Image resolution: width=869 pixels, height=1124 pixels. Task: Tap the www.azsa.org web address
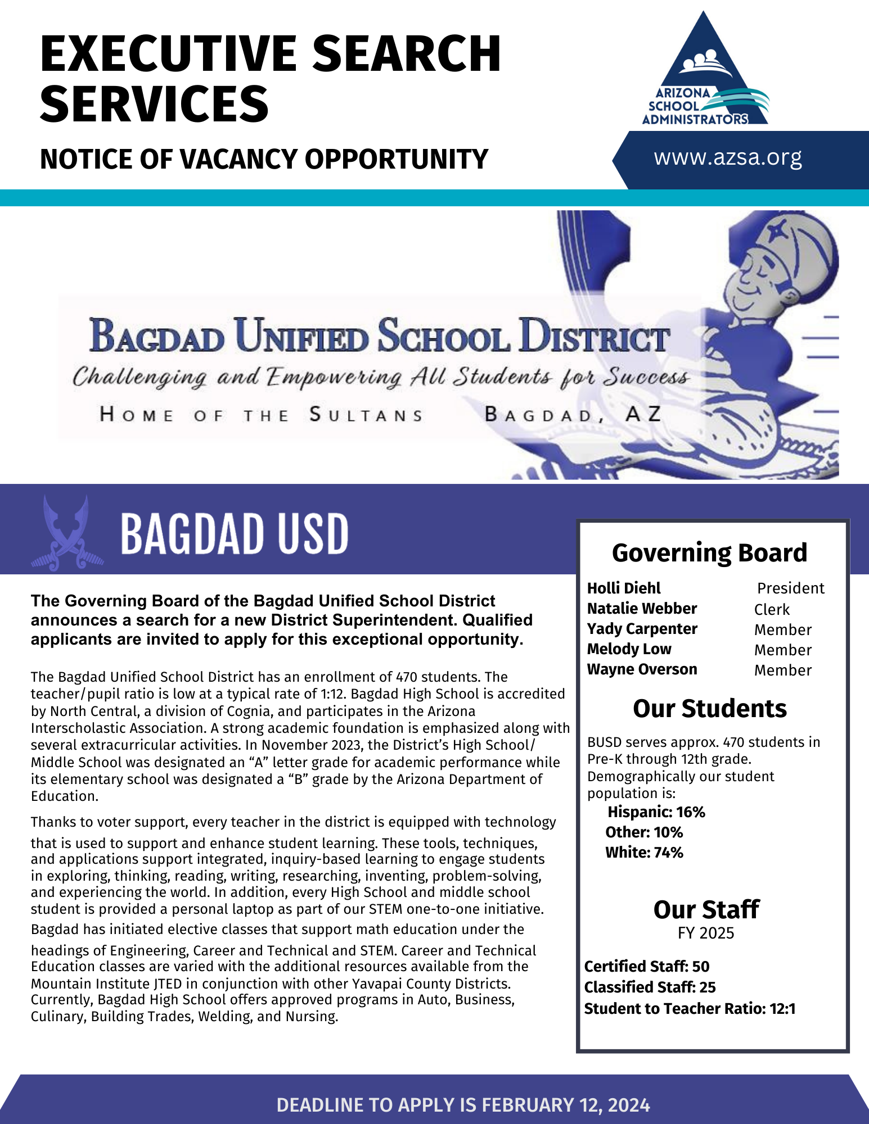[728, 158]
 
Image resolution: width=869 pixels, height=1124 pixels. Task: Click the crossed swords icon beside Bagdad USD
[67, 533]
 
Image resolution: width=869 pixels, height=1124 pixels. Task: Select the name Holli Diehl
[624, 588]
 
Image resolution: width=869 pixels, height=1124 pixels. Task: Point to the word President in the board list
[790, 588]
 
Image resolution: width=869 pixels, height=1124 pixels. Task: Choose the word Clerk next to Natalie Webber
[772, 610]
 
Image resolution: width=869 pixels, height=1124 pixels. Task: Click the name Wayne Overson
[642, 669]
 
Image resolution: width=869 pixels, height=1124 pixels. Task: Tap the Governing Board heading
[709, 553]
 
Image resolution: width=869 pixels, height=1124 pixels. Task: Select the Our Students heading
[709, 709]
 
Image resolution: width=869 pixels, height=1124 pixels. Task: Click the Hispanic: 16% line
[656, 812]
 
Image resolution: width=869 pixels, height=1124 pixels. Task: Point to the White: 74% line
[644, 853]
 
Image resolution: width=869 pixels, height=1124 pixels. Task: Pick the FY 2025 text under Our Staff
[706, 933]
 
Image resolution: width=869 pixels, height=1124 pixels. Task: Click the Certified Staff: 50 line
[647, 967]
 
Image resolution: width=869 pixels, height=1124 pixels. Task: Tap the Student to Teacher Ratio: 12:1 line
[690, 1009]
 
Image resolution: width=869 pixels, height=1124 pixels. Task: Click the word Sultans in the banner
[366, 415]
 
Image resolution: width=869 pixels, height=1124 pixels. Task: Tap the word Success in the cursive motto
[646, 377]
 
